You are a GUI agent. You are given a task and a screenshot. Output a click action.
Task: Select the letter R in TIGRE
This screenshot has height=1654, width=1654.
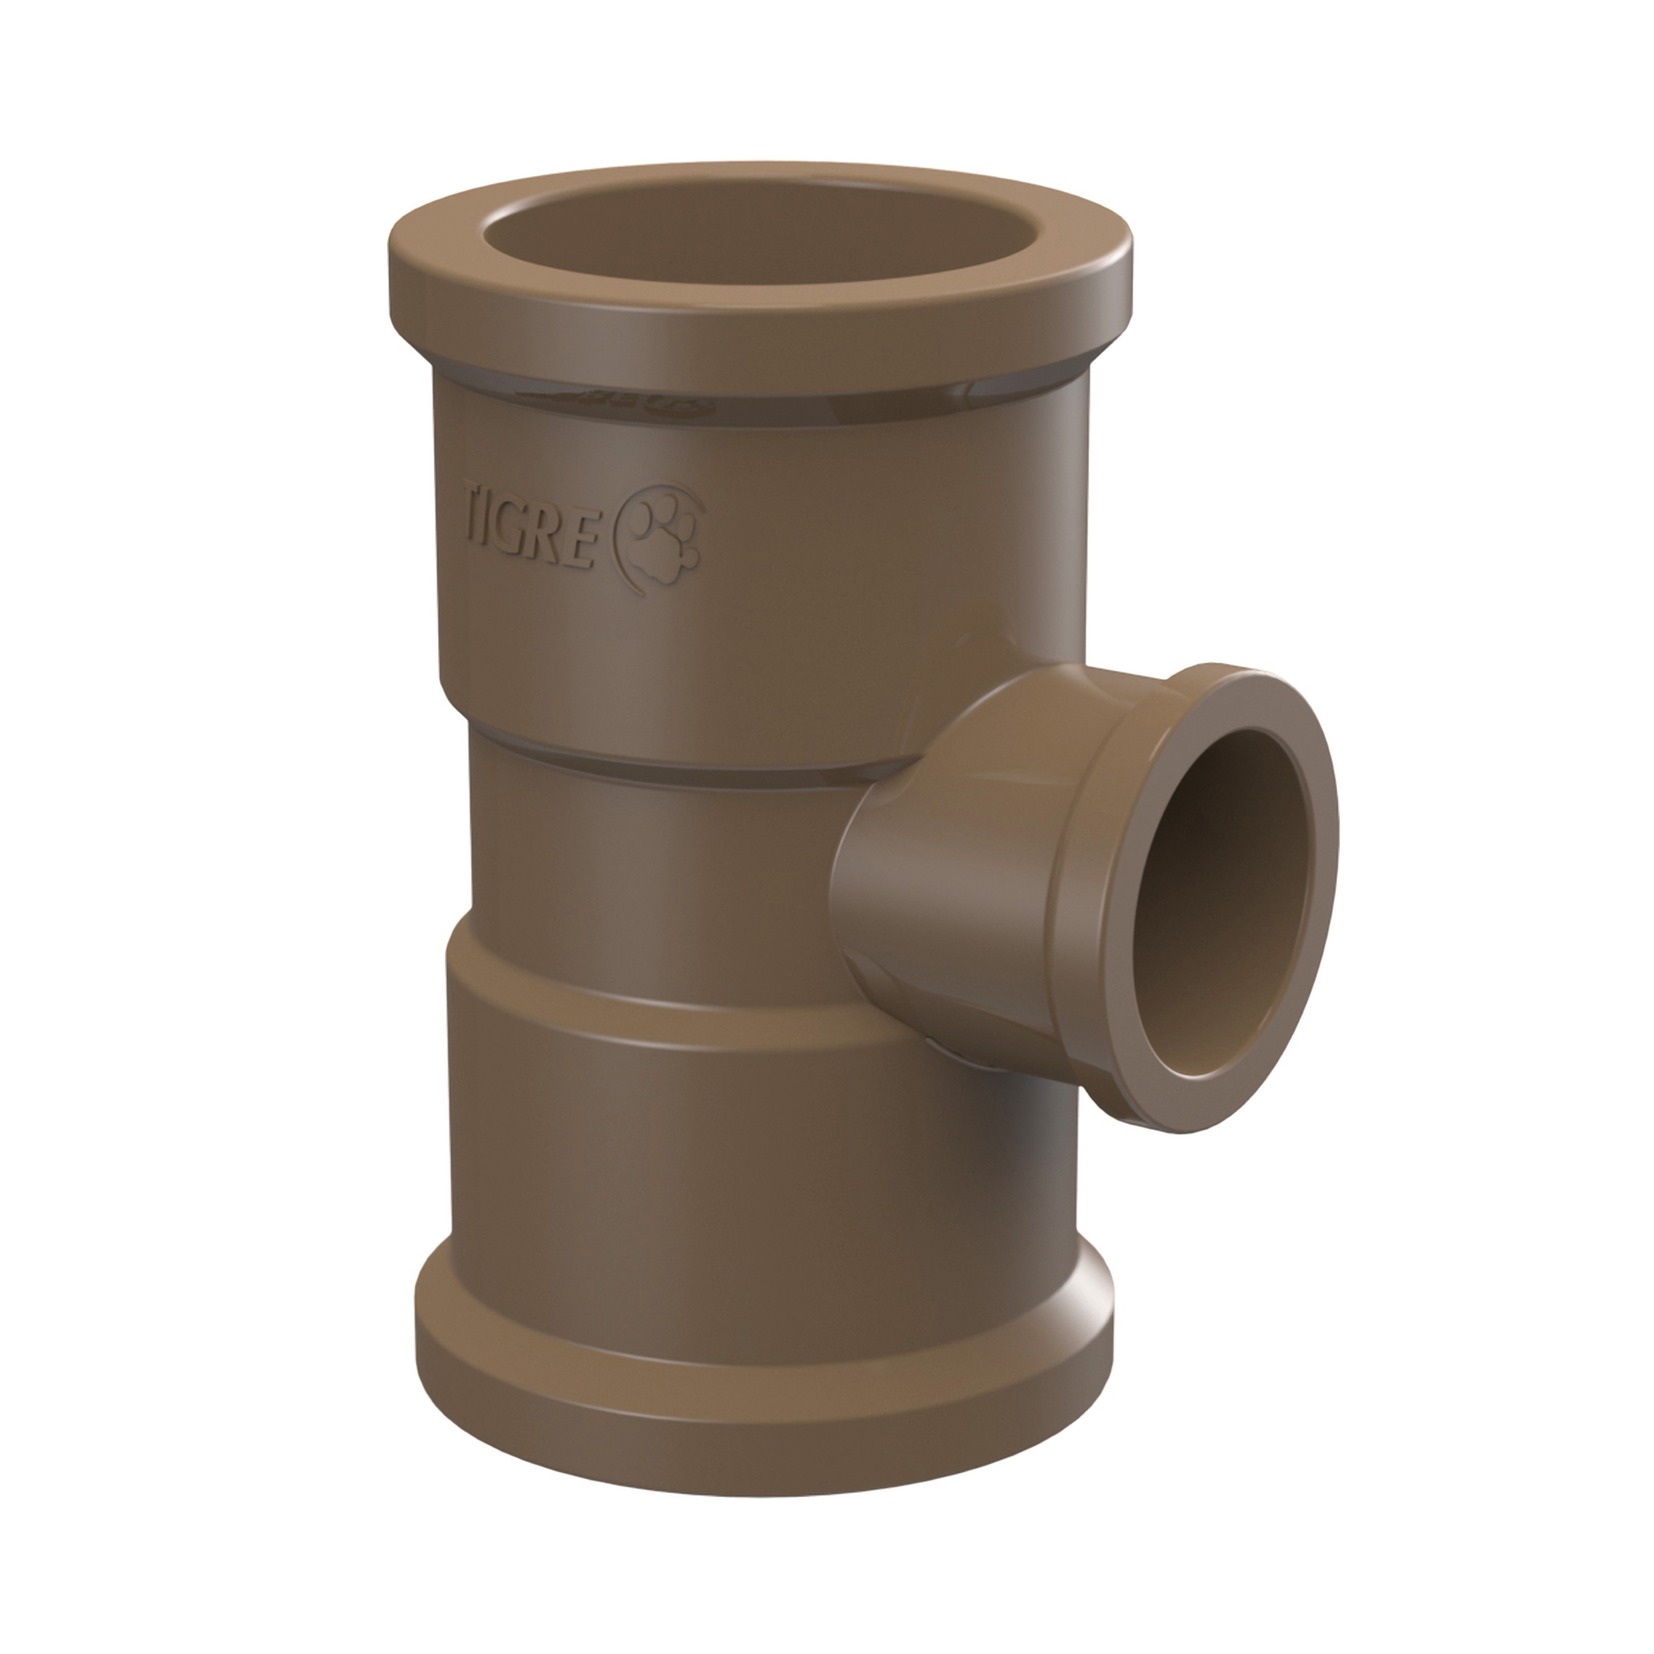tap(544, 533)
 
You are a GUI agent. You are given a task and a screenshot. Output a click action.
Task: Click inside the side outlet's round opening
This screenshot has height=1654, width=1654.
tap(1224, 882)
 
